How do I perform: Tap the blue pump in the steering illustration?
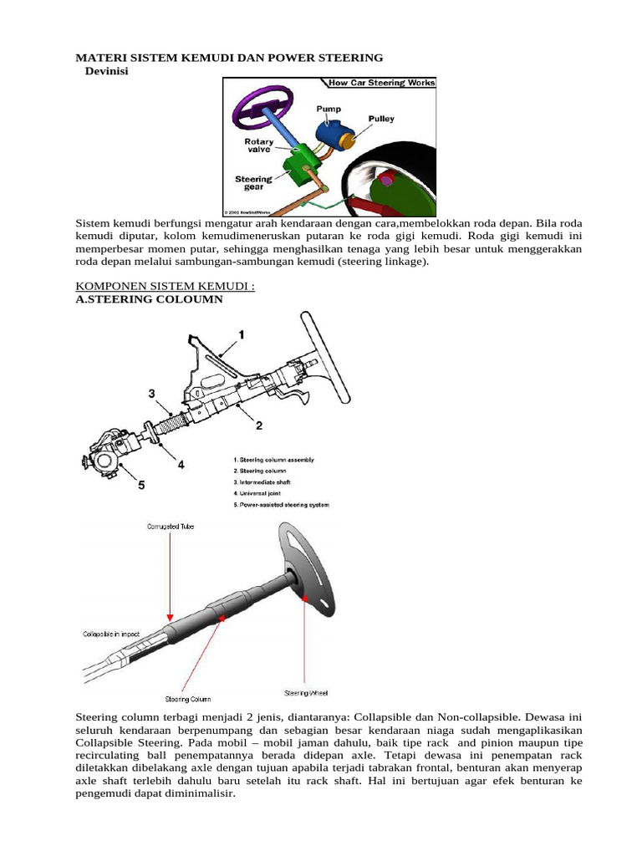coord(332,134)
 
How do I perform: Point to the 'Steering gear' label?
coord(253,183)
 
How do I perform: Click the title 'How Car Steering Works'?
coord(381,83)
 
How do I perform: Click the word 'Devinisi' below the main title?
coord(114,71)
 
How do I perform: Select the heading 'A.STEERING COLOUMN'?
coord(150,298)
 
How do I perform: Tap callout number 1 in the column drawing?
coord(241,334)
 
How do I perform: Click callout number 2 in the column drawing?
coord(259,425)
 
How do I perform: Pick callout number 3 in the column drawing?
coord(151,393)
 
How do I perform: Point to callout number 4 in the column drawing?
coord(181,463)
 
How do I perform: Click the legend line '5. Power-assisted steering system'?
coord(283,505)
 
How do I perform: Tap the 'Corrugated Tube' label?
coord(170,527)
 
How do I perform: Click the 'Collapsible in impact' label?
coord(112,633)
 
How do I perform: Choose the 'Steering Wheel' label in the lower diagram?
coord(306,692)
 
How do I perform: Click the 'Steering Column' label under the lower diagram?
coord(187,698)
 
